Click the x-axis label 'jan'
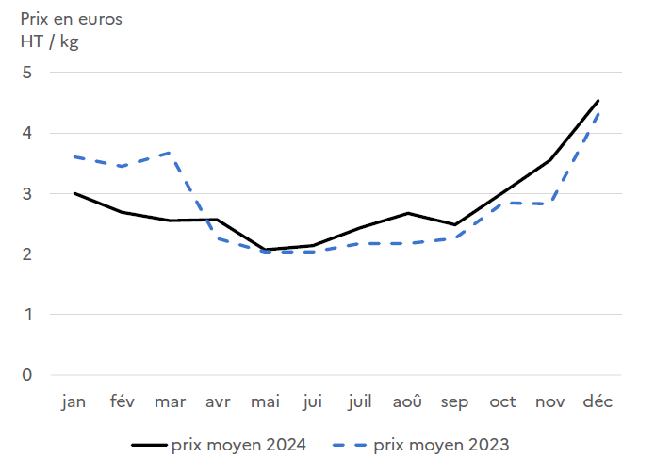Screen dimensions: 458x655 tap(74, 402)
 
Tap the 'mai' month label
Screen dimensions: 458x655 tap(265, 402)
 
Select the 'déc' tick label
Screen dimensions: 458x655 tap(598, 402)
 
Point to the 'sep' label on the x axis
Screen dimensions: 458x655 tap(454, 402)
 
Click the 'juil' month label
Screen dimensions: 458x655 tap(359, 402)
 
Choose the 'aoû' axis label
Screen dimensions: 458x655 tap(407, 402)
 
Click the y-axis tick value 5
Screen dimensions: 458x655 tap(26, 73)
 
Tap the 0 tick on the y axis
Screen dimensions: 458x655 tap(26, 375)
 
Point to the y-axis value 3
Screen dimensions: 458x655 tap(26, 194)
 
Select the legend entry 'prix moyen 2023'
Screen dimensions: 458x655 tap(441, 442)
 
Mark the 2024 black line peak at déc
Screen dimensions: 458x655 tap(598, 101)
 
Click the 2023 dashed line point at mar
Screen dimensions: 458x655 tap(169, 152)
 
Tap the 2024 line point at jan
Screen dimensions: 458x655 tap(74, 193)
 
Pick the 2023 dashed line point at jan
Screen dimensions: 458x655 tap(74, 156)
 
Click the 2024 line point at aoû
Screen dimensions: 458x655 tap(407, 213)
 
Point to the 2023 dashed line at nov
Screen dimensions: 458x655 tap(550, 204)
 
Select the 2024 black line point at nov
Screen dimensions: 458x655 tap(550, 160)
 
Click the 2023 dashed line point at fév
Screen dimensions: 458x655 tap(122, 166)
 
